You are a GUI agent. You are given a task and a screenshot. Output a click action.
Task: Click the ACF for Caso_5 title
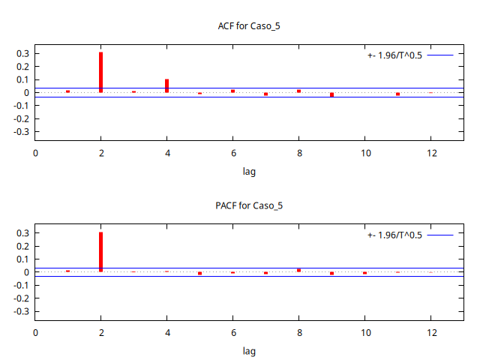point(248,26)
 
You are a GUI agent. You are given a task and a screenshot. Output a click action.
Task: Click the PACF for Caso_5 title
point(248,205)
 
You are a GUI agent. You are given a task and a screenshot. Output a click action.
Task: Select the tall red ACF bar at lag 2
point(100,72)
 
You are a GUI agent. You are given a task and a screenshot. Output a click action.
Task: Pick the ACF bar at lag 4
point(166,85)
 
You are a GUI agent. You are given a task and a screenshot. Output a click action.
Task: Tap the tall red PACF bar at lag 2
point(100,252)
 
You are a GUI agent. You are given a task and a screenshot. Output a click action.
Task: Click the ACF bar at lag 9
point(331,94)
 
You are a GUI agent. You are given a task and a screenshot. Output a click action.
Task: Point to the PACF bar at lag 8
point(298,270)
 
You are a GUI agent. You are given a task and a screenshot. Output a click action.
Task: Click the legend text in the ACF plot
point(395,55)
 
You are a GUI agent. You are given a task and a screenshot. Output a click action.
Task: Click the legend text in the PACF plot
point(395,235)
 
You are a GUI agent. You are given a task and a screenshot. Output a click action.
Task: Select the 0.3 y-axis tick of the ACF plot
point(22,54)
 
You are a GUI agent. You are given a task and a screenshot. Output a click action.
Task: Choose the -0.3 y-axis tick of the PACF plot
point(21,311)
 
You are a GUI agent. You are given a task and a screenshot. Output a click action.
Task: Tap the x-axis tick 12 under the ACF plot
point(430,153)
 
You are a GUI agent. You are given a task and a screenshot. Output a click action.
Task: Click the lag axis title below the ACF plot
point(250,172)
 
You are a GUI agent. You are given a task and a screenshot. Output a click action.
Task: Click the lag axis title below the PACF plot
point(250,351)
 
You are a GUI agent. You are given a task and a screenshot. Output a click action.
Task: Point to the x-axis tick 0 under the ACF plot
point(35,153)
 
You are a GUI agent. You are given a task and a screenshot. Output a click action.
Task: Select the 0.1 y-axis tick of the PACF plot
point(22,259)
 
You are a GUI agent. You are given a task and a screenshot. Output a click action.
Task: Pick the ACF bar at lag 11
point(397,94)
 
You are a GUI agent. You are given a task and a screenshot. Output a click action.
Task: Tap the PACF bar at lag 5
point(199,273)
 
